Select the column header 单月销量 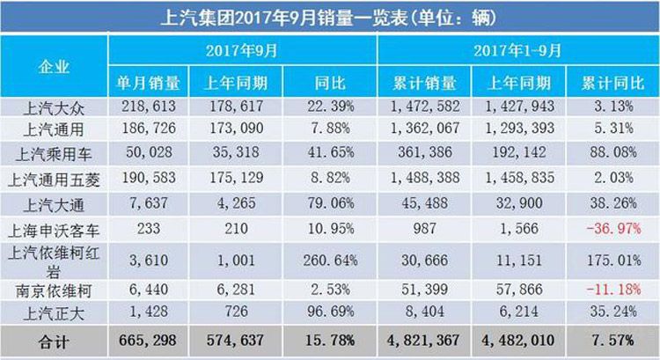pyautogui.click(x=149, y=84)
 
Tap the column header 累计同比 pyautogui.click(x=612, y=84)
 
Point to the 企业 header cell pyautogui.click(x=55, y=66)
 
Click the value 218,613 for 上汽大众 pyautogui.click(x=149, y=107)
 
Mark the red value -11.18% pyautogui.click(x=613, y=287)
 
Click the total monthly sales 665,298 pyautogui.click(x=148, y=341)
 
